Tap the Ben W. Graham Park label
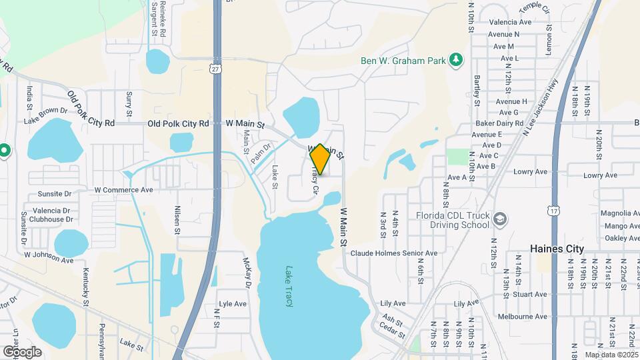click(x=403, y=61)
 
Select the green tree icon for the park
click(x=456, y=61)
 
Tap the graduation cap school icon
click(x=500, y=218)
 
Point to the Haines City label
click(x=557, y=249)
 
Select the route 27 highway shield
click(x=213, y=69)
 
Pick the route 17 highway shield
click(x=555, y=211)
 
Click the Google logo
click(x=22, y=351)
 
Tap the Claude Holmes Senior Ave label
click(x=394, y=253)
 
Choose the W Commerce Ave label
click(x=123, y=190)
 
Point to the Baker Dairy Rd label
click(x=499, y=123)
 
